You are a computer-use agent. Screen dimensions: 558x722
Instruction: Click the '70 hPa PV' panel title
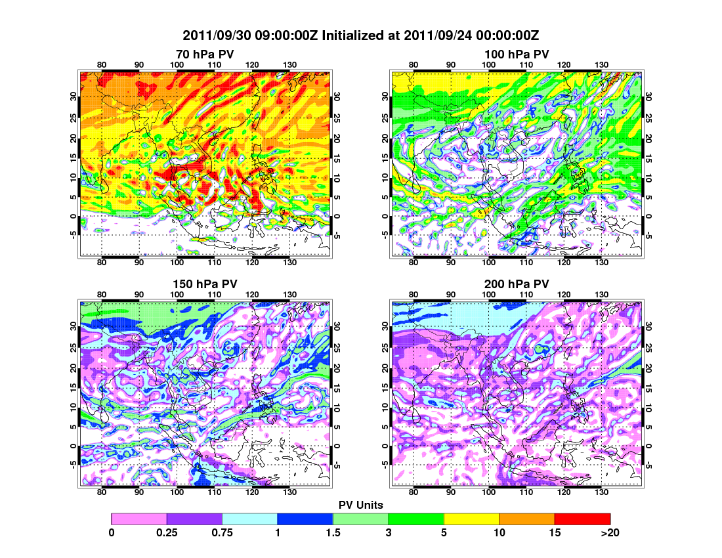[x=205, y=54]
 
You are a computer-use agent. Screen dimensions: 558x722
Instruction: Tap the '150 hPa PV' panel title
[x=205, y=284]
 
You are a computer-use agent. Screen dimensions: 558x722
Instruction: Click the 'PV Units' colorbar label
[x=361, y=504]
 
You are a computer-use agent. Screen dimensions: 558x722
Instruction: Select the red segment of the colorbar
[x=582, y=519]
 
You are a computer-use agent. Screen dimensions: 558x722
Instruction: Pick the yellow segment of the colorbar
[x=471, y=519]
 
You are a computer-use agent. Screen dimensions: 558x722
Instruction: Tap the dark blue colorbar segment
[x=305, y=519]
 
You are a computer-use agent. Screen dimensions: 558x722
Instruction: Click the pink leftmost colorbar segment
[x=139, y=519]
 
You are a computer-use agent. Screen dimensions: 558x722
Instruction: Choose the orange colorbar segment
[x=527, y=519]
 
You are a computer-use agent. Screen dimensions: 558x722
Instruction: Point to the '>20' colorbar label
[x=610, y=532]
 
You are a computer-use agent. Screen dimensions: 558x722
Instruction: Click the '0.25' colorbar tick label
[x=167, y=532]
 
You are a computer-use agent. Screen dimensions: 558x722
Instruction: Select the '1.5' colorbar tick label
[x=333, y=532]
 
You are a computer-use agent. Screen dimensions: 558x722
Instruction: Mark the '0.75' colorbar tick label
[x=223, y=532]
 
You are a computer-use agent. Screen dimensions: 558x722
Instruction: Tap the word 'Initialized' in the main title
[x=353, y=35]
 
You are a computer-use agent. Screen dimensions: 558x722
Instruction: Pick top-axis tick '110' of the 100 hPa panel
[x=526, y=64]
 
